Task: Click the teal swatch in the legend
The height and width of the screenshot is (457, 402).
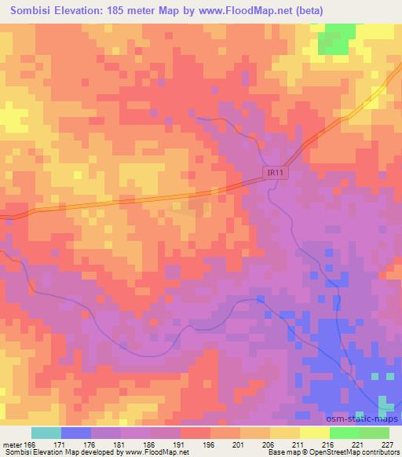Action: pos(46,433)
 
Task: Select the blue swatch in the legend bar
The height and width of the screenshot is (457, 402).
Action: pos(76,433)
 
